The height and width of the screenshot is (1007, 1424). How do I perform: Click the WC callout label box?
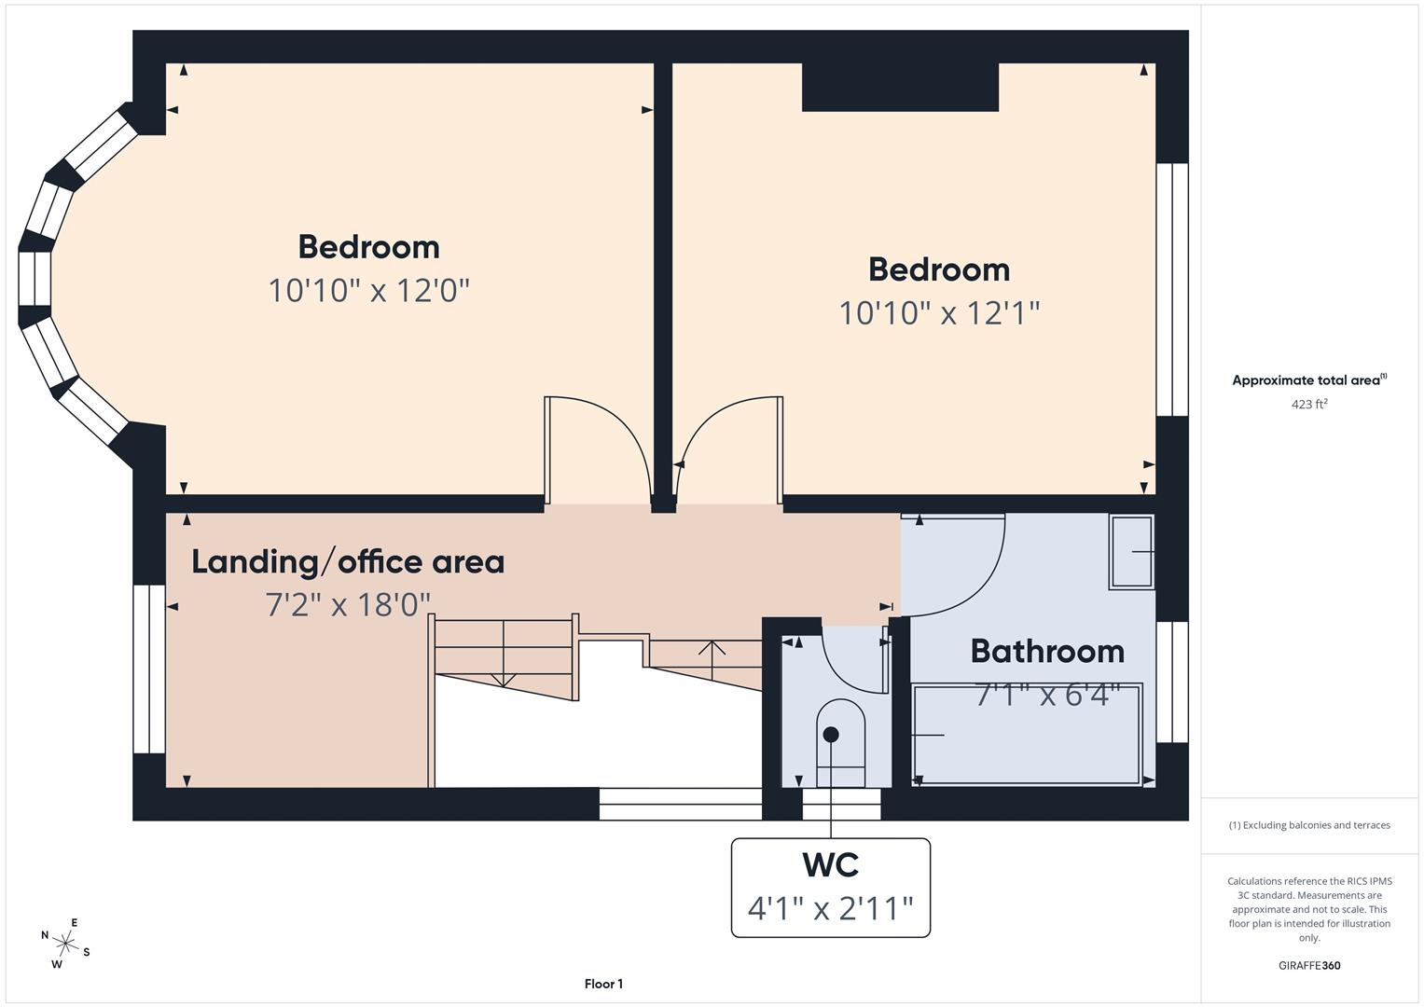click(830, 887)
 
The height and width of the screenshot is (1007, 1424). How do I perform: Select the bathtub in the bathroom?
click(1027, 735)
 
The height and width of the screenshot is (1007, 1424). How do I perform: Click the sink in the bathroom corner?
click(1131, 551)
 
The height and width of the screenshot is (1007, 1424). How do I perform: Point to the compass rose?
click(64, 943)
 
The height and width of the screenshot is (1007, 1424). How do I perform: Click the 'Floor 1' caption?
click(603, 984)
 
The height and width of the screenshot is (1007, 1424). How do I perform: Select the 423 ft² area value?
click(1308, 404)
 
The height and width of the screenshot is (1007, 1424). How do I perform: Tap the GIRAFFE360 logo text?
click(1308, 965)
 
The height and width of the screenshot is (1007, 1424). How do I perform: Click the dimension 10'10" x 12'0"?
click(368, 290)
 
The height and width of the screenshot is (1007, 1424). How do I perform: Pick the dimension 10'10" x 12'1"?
click(939, 312)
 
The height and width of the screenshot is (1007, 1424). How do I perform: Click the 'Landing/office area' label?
click(348, 561)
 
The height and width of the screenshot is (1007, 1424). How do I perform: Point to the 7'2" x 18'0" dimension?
click(348, 605)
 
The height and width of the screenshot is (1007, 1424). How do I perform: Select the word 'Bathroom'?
click(1047, 651)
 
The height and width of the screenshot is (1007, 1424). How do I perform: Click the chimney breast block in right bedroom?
click(900, 88)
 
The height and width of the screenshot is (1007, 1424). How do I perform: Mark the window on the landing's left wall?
click(148, 669)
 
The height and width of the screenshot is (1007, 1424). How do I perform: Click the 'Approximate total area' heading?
click(1308, 379)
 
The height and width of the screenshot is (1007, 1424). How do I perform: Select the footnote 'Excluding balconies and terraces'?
click(1308, 825)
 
